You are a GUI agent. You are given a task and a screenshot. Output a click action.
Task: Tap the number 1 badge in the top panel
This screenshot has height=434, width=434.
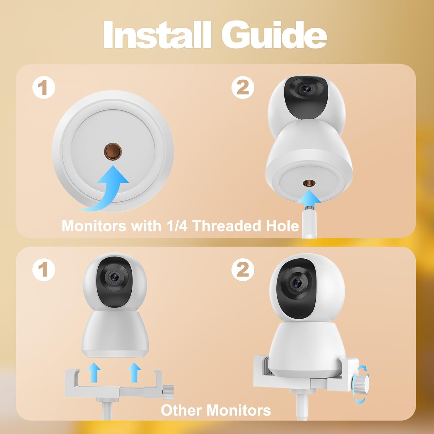tap(44, 88)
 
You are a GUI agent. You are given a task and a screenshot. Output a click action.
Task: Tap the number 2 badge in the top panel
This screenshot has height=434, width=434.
tap(243, 87)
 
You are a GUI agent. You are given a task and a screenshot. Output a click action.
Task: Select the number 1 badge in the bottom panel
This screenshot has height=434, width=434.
tap(44, 270)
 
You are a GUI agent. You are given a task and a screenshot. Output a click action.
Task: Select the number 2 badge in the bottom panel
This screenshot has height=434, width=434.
tap(243, 270)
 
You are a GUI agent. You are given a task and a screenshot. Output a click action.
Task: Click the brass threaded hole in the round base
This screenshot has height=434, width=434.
tap(113, 151)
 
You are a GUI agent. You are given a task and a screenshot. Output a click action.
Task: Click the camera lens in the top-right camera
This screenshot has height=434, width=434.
tap(305, 90)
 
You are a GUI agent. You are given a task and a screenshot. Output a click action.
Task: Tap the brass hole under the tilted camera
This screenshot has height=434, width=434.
tap(307, 183)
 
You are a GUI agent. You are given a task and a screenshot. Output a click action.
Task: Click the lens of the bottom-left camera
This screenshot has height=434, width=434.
tap(113, 277)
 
